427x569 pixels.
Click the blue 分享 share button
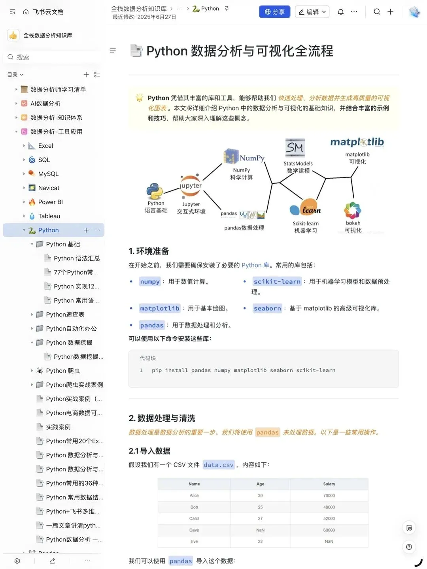click(274, 12)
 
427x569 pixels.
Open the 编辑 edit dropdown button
click(312, 12)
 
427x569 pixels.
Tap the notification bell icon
click(340, 12)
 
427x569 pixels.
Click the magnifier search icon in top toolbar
click(377, 12)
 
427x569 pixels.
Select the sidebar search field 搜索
click(53, 57)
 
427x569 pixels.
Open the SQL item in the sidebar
click(44, 160)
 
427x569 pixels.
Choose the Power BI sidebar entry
click(50, 202)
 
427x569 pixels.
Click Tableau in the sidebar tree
click(49, 216)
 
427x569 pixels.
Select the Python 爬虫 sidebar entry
click(62, 371)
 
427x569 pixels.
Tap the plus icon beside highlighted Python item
click(86, 230)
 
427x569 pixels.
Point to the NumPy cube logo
click(231, 156)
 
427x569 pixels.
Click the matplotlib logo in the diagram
click(357, 142)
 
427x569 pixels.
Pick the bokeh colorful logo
click(353, 210)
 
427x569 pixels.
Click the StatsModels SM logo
click(295, 148)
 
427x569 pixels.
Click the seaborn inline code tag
click(267, 308)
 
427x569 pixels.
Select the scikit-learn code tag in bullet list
click(277, 281)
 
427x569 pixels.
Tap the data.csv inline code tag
click(218, 465)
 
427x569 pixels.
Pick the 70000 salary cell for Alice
click(329, 496)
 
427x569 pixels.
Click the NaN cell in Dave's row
click(260, 530)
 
